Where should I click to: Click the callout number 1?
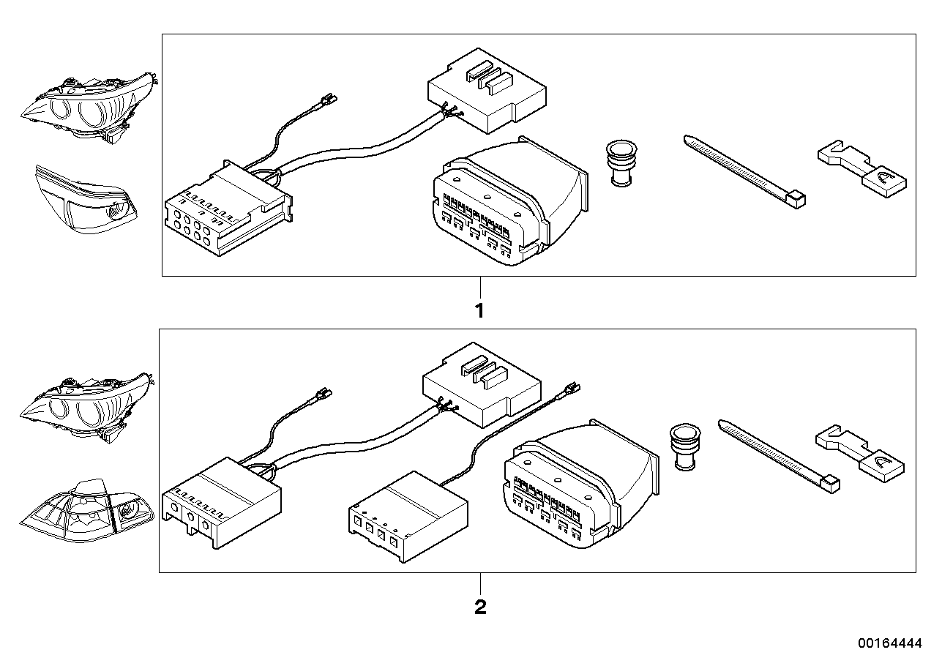[479, 311]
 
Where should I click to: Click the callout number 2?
[480, 607]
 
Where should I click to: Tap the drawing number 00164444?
[890, 643]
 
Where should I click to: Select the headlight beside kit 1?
[89, 108]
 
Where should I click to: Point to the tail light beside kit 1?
[86, 199]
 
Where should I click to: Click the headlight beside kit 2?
[86, 407]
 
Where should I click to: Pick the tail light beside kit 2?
[87, 510]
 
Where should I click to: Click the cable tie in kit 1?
[744, 171]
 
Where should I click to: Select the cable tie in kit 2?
[779, 456]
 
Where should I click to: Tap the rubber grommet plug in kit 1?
[621, 163]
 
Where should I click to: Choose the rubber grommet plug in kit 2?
[685, 446]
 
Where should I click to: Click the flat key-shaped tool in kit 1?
[862, 168]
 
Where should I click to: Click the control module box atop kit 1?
[487, 91]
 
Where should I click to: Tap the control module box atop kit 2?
[482, 385]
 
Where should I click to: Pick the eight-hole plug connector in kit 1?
[229, 208]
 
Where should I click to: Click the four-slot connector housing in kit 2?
[408, 516]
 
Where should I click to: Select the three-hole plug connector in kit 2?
[222, 503]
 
